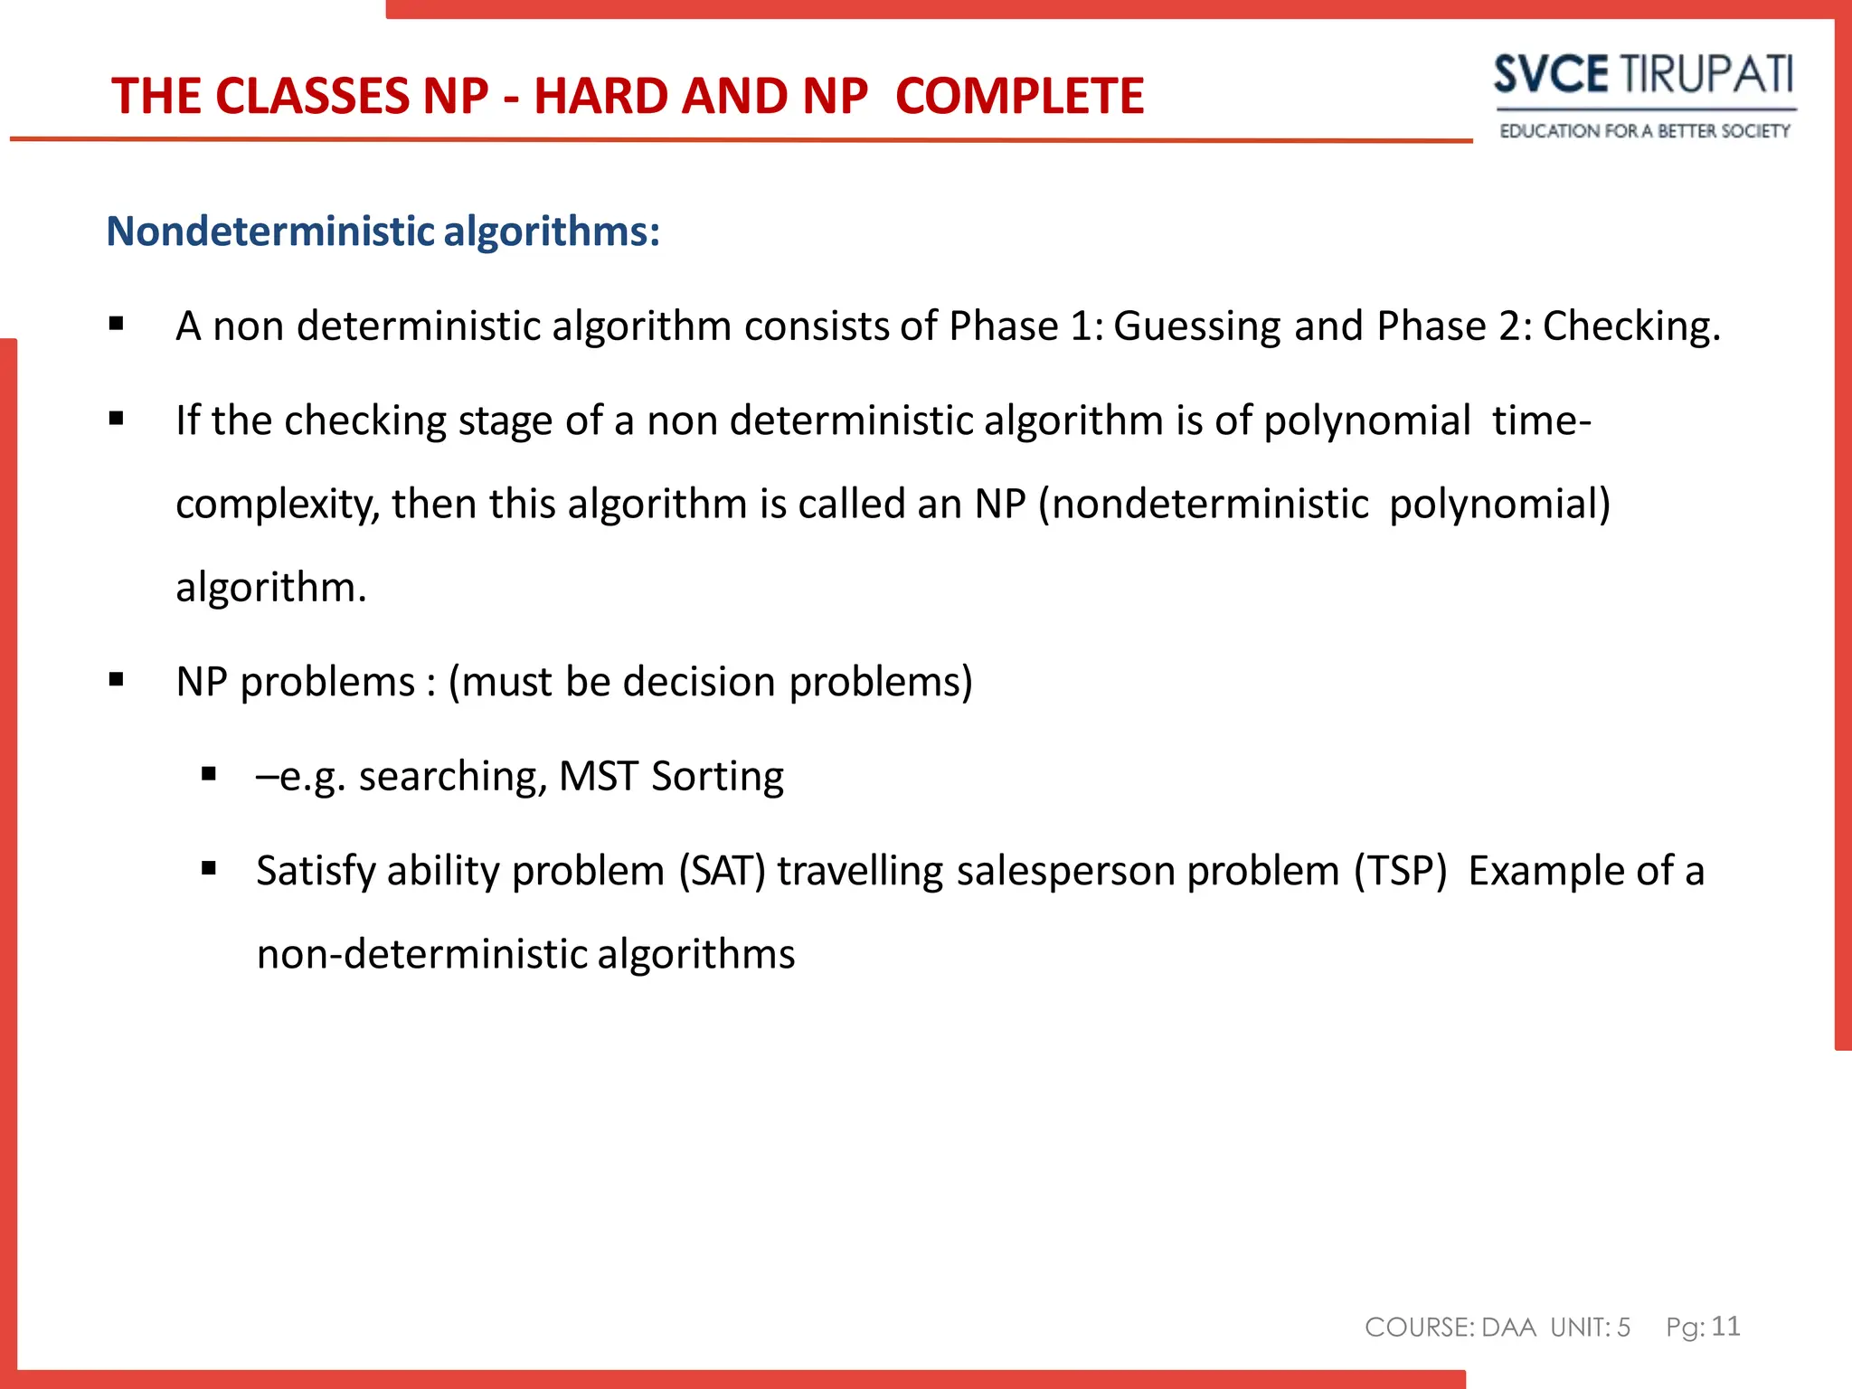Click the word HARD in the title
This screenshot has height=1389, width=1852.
pyautogui.click(x=600, y=96)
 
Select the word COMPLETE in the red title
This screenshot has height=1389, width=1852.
pyautogui.click(x=1019, y=96)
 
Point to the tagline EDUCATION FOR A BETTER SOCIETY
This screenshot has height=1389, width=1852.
pyautogui.click(x=1644, y=131)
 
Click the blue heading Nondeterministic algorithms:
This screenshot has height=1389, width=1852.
pyautogui.click(x=383, y=231)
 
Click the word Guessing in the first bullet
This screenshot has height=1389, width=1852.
pyautogui.click(x=1197, y=326)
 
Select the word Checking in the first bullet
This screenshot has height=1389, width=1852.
pyautogui.click(x=1630, y=326)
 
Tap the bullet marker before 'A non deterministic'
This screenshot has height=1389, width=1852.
pyautogui.click(x=116, y=324)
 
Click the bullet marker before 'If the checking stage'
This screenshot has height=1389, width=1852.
pyautogui.click(x=116, y=419)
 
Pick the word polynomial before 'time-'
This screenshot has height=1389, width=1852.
pyautogui.click(x=1366, y=421)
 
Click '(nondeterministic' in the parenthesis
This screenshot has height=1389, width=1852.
pyautogui.click(x=1203, y=505)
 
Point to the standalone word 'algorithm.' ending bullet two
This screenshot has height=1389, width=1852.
pyautogui.click(x=271, y=588)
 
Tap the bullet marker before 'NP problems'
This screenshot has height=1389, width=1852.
pyautogui.click(x=116, y=680)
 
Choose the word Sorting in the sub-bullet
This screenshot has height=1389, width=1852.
pyautogui.click(x=717, y=777)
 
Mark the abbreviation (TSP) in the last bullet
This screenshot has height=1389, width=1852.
pyautogui.click(x=1400, y=872)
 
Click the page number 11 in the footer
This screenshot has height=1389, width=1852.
pyautogui.click(x=1725, y=1326)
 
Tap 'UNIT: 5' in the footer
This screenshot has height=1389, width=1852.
pyautogui.click(x=1590, y=1328)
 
